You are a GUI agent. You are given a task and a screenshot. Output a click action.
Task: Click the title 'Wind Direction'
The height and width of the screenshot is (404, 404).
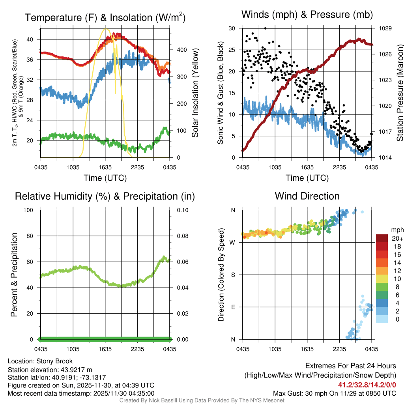tap(307, 196)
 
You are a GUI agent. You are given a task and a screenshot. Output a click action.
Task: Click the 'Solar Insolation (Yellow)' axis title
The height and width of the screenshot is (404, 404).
tap(195, 93)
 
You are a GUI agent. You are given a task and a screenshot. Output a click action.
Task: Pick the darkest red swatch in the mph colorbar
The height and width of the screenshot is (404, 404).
tap(382, 238)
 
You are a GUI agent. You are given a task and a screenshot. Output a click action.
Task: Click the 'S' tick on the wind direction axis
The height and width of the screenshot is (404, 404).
tap(233, 275)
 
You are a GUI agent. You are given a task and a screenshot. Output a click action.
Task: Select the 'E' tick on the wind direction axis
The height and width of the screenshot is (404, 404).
tap(233, 307)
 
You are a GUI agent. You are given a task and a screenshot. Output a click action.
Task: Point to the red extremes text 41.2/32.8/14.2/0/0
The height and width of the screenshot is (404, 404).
tap(367, 385)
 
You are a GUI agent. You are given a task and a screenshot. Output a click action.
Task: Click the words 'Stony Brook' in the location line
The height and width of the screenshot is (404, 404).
tap(54, 361)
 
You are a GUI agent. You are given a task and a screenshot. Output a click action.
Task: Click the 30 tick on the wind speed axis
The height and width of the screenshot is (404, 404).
tap(232, 28)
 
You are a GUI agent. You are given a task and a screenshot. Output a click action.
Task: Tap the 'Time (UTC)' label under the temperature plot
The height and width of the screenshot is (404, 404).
tap(105, 178)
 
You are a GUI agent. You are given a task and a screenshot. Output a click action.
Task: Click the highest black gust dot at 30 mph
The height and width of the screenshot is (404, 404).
tap(266, 28)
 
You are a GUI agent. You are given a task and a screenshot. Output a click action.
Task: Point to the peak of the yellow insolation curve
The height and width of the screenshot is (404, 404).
tap(105, 29)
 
